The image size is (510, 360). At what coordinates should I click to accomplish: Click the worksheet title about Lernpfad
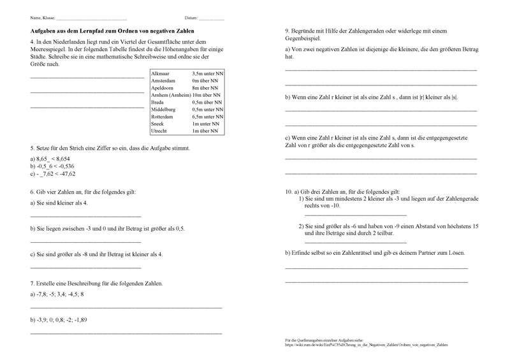coord(112,31)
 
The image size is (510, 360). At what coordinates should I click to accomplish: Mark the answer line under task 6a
coord(85,217)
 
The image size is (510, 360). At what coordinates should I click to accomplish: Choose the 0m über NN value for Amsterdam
coord(206,82)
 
